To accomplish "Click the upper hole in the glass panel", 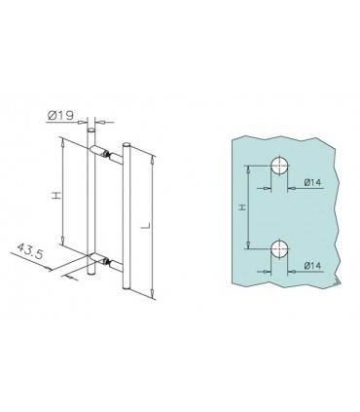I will click(x=278, y=166).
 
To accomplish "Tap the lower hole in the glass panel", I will click(x=278, y=249).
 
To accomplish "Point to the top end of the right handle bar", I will click(x=127, y=147).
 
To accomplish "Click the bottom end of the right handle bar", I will click(x=127, y=288).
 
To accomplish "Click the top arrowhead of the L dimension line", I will click(x=152, y=150).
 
